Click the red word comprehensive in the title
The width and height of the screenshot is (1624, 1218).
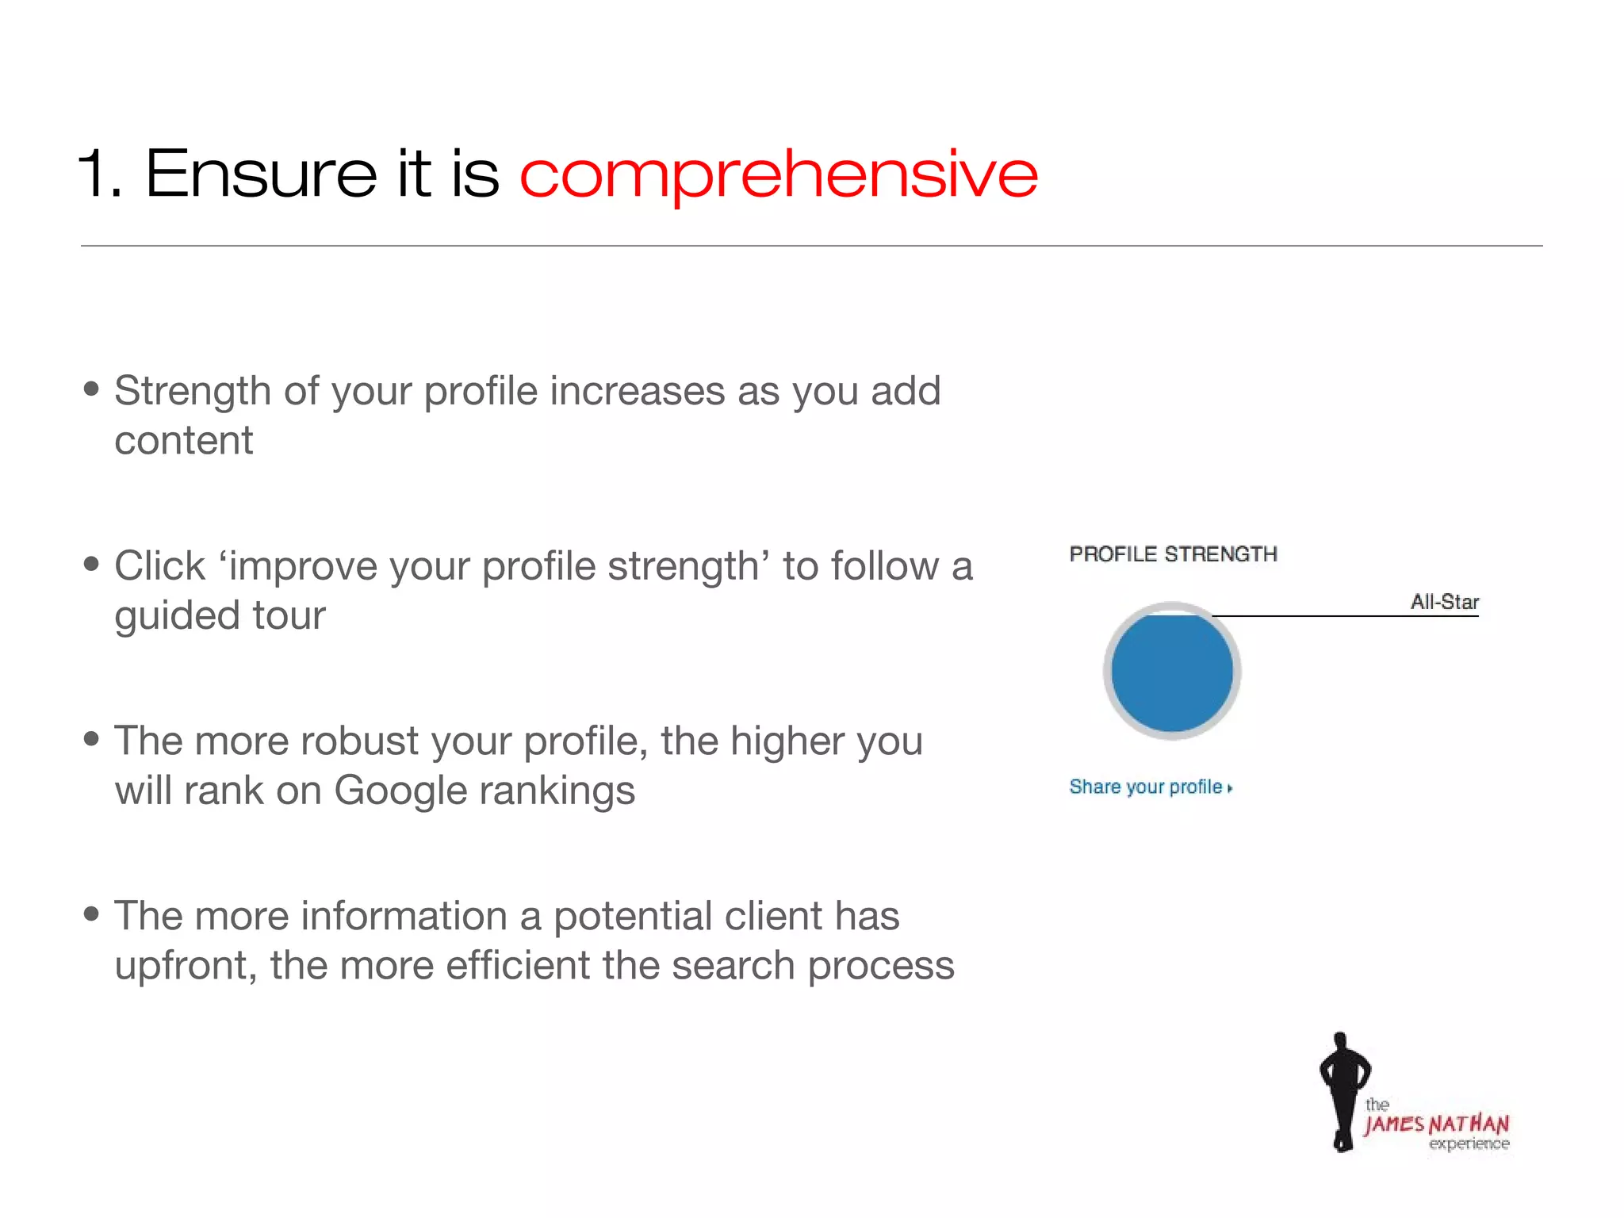click(x=777, y=174)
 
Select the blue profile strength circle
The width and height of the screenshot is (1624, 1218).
click(x=1171, y=672)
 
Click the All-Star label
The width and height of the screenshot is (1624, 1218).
click(x=1444, y=602)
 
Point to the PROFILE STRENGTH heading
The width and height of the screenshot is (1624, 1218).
click(x=1173, y=553)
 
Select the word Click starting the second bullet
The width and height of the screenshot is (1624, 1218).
click(x=159, y=566)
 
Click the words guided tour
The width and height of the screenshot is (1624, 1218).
click(x=220, y=615)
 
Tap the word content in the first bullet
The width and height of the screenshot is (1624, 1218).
click(x=183, y=441)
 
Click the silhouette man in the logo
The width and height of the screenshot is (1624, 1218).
click(x=1342, y=1090)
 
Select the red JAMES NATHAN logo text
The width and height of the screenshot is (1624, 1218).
click(x=1435, y=1124)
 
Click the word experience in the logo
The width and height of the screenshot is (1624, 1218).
click(x=1469, y=1143)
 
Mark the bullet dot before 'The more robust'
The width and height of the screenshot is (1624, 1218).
click(x=91, y=739)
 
